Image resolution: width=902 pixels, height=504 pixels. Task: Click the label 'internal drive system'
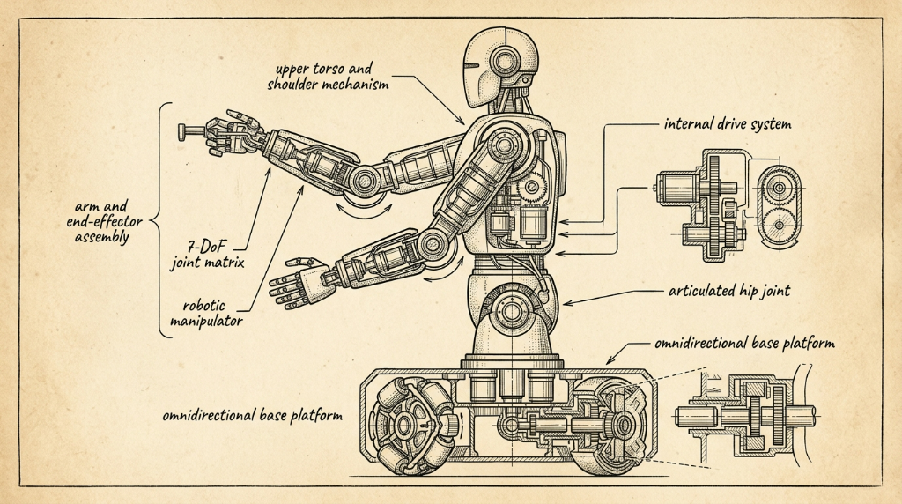click(x=728, y=123)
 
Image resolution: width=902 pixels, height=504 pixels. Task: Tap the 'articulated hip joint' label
click(x=728, y=291)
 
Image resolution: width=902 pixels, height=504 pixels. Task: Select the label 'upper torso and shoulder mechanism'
click(x=328, y=77)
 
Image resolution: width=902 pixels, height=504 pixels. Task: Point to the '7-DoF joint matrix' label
click(x=208, y=255)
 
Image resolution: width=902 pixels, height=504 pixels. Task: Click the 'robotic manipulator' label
click(x=206, y=313)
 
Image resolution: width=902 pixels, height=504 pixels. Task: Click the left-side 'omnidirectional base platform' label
click(x=252, y=415)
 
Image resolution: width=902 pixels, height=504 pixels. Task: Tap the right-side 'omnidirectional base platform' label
click(x=744, y=344)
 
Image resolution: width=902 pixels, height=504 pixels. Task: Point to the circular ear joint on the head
click(x=506, y=61)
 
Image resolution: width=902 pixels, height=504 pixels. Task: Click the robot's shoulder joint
click(x=505, y=145)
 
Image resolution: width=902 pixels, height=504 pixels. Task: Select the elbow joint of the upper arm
click(x=364, y=182)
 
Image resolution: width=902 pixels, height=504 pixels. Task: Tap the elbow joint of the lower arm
click(x=431, y=245)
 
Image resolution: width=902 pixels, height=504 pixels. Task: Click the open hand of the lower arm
click(x=299, y=282)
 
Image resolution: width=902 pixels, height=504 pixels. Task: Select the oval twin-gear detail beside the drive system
click(x=780, y=207)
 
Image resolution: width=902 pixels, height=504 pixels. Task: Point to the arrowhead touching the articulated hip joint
click(x=568, y=302)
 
